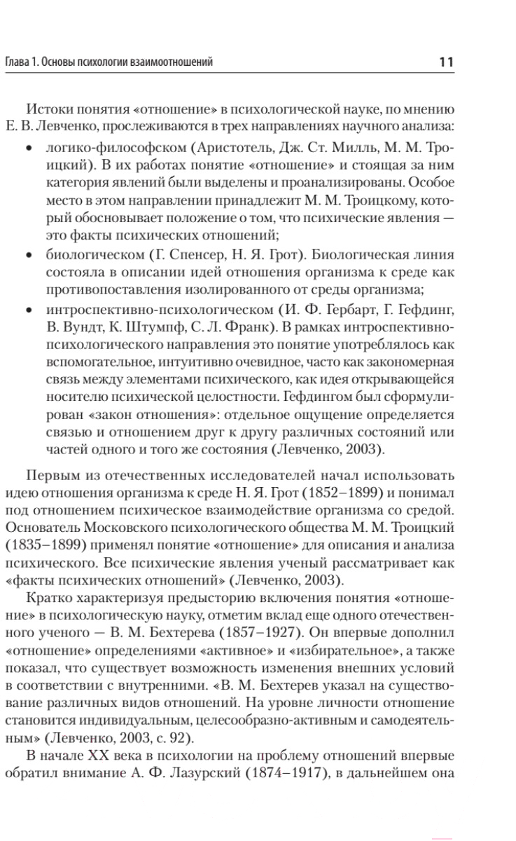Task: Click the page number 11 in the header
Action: click(446, 62)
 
